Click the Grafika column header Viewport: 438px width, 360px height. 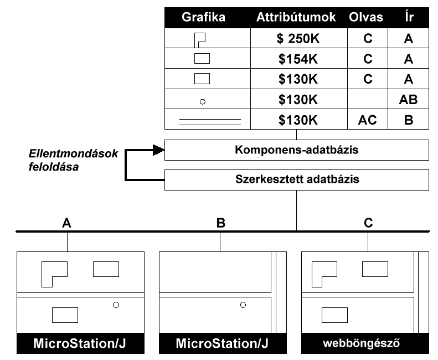point(203,17)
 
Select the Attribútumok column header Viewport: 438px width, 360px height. point(296,17)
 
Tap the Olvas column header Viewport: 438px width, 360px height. point(365,17)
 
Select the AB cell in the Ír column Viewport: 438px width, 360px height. point(408,100)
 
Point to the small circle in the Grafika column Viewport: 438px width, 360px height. point(203,101)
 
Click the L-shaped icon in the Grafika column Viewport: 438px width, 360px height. point(200,39)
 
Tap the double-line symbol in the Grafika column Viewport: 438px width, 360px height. point(210,120)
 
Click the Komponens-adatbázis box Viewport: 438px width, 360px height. point(296,150)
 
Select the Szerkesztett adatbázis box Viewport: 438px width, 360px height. point(296,179)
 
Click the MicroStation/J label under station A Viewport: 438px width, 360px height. point(80,343)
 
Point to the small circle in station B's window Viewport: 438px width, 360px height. point(243,304)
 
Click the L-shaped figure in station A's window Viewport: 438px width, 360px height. point(54,273)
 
